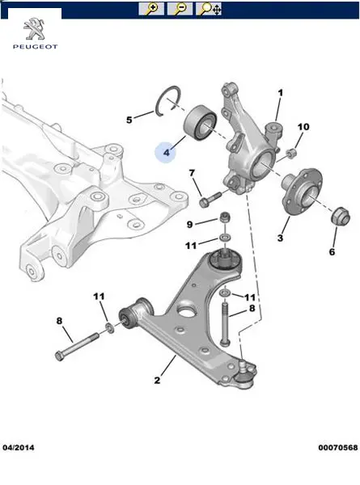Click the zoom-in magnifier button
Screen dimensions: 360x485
pyautogui.click(x=151, y=9)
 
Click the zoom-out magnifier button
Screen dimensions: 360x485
pyautogui.click(x=180, y=9)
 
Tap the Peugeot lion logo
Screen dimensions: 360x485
pyautogui.click(x=35, y=29)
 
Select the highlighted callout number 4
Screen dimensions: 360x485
pyautogui.click(x=167, y=152)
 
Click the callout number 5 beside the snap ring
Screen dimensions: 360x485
pyautogui.click(x=129, y=120)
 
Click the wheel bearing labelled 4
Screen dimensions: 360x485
pyautogui.click(x=201, y=123)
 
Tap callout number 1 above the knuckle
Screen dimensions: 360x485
pyautogui.click(x=281, y=93)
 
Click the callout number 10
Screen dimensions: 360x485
pyautogui.click(x=303, y=127)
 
